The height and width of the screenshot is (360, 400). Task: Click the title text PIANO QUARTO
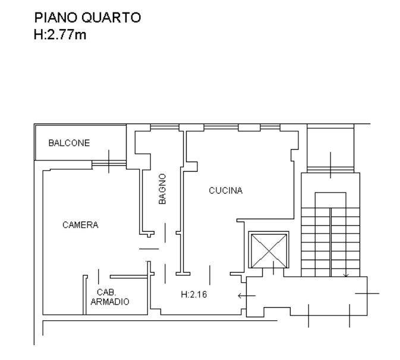[x=87, y=18]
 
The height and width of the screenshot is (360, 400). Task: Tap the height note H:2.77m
[x=60, y=34]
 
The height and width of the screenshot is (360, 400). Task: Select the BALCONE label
[x=69, y=143]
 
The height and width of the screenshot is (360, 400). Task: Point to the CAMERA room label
[x=80, y=225]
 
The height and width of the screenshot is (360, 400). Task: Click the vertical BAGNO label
[x=162, y=189]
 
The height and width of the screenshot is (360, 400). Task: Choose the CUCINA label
[x=225, y=191]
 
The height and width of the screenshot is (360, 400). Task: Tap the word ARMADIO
[x=110, y=302]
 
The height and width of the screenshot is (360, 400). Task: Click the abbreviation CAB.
[x=106, y=292]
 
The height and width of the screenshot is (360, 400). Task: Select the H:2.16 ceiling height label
[x=194, y=295]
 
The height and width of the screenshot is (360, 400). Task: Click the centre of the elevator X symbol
[x=269, y=251]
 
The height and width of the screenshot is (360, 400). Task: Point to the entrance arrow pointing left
[x=247, y=296]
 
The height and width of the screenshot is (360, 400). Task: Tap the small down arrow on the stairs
[x=346, y=276]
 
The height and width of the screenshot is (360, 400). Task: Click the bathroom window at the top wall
[x=165, y=127]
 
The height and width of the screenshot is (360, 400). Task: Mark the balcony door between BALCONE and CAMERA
[x=109, y=163]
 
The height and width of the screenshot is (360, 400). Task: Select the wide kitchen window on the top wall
[x=221, y=127]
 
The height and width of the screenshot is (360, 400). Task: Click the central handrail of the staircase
[x=330, y=242]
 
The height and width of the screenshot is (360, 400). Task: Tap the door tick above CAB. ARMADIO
[x=99, y=277]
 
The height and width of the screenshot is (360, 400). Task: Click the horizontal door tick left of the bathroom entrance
[x=149, y=249]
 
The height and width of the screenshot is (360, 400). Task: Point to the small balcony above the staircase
[x=330, y=149]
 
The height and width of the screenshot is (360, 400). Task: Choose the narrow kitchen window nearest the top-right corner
[x=270, y=127]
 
